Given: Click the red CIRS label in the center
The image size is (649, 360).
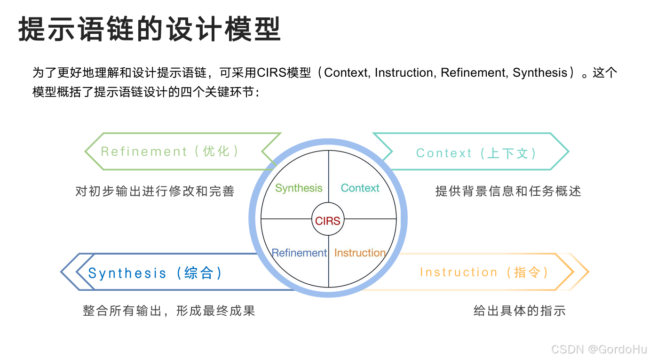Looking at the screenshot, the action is [328, 221].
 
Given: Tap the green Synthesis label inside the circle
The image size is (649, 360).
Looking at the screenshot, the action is [299, 188].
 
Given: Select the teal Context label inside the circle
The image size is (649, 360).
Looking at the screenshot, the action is [360, 188].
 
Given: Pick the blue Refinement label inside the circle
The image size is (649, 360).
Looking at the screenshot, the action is [299, 253].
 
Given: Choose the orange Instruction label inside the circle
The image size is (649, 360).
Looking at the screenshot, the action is [360, 253].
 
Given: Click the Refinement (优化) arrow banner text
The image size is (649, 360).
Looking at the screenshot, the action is [170, 152].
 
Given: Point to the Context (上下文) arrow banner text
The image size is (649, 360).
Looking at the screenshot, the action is [476, 153].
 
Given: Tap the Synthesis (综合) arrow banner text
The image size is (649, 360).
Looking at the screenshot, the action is [155, 273].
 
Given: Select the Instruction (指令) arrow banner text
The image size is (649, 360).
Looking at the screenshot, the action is [484, 272].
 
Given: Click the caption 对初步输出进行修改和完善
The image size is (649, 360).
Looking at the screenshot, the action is [155, 192].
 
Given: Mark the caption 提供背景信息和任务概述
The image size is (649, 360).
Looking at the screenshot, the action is [508, 192].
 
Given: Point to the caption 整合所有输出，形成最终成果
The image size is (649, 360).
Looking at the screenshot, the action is [169, 311].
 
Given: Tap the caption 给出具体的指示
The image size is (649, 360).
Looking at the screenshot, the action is [519, 311].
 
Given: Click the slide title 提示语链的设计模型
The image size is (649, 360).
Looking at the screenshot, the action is [150, 29].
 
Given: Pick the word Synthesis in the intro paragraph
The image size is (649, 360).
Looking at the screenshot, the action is [539, 73].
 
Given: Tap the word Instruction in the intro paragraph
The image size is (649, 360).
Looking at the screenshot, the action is [404, 73].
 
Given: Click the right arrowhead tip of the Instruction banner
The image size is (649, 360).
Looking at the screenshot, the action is [587, 272].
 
